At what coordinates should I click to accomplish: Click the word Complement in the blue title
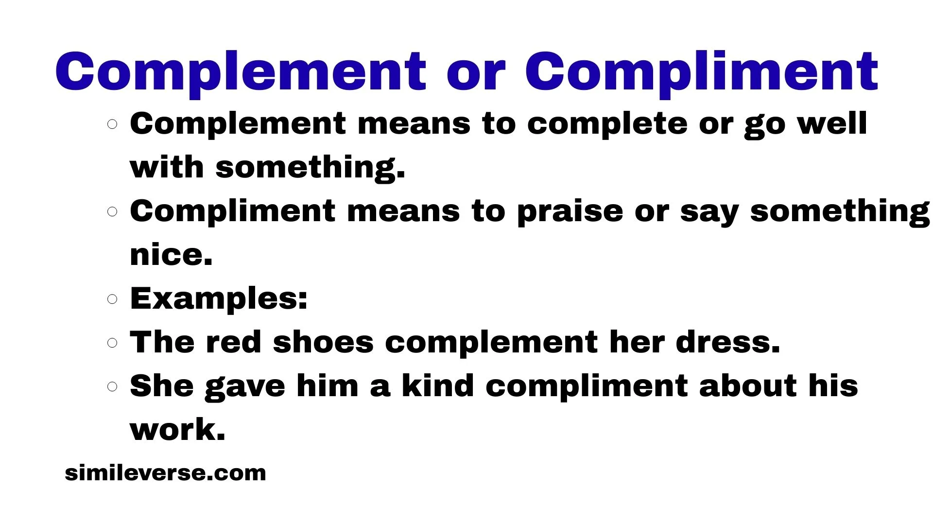click(x=241, y=72)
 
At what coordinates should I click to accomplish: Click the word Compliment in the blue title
click(x=702, y=72)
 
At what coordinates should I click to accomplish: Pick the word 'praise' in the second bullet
click(x=570, y=212)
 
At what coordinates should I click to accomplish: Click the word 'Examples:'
click(x=219, y=299)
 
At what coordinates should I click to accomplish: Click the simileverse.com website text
click(x=165, y=473)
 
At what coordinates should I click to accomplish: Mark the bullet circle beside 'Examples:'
click(x=112, y=299)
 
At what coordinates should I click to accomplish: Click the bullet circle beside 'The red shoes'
click(x=112, y=343)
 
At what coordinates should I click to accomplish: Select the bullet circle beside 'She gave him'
click(x=112, y=386)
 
